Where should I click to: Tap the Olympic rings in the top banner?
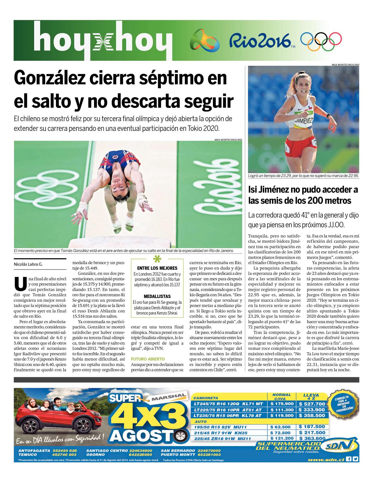[321, 41]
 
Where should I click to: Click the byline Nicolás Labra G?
[28, 264]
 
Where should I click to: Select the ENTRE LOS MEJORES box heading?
[157, 268]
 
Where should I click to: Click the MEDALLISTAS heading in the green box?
[157, 296]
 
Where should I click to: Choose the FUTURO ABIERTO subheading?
[148, 359]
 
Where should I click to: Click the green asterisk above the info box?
[156, 259]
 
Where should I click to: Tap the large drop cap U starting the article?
[20, 284]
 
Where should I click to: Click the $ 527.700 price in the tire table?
[312, 404]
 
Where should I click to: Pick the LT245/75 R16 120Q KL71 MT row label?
[228, 404]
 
